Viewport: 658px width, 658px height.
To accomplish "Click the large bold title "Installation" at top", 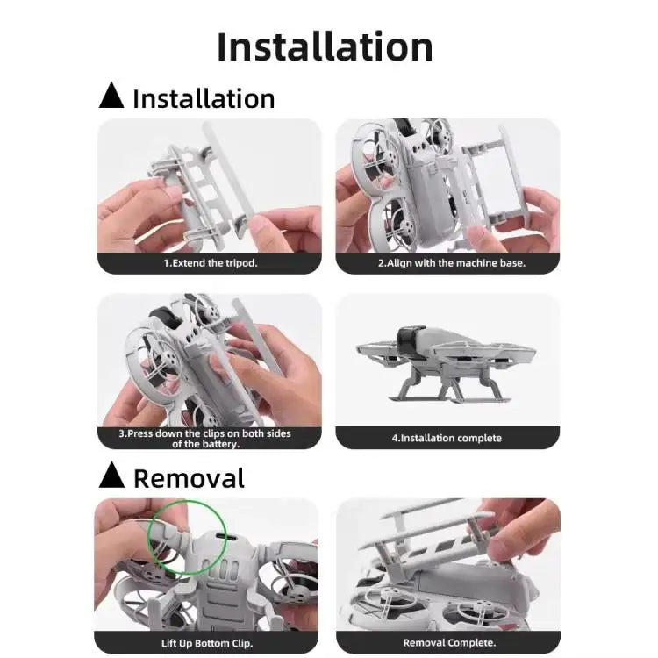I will pos(325,46).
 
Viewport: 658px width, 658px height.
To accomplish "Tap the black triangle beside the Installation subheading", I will pos(111,96).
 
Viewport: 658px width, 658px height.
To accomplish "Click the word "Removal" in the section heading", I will pos(189,478).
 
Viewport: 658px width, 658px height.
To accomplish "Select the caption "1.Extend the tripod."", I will pos(211,263).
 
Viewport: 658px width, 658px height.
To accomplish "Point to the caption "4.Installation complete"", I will pos(446,438).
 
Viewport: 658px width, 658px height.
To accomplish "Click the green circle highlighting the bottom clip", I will pos(186,537).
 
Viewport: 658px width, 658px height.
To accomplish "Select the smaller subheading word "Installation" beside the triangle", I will pos(204,98).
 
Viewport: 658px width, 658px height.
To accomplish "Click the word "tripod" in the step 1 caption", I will pos(240,263).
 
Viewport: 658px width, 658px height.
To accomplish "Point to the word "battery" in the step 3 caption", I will pos(219,444).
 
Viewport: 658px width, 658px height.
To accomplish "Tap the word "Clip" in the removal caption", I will pos(242,643).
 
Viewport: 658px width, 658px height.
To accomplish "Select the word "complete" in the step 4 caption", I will pos(479,438).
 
